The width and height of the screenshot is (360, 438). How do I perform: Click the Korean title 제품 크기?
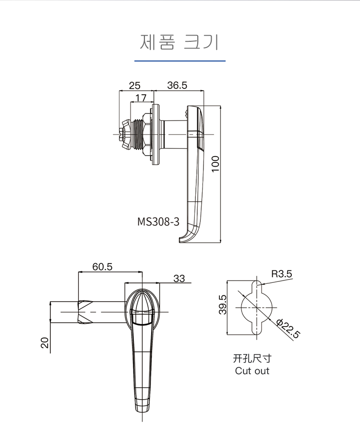[179, 42]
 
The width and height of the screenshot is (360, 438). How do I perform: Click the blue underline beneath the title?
[180, 61]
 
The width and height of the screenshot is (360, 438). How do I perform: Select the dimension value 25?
[134, 85]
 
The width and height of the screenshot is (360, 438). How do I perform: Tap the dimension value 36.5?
[177, 85]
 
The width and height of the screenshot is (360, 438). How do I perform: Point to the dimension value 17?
[141, 98]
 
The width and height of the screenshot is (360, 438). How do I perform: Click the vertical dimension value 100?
[216, 164]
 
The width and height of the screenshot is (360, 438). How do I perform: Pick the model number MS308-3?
[158, 222]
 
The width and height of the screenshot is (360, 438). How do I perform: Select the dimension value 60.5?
[102, 267]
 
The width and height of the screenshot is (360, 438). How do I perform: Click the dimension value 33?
[179, 279]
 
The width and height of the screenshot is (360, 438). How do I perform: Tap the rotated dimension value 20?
[45, 343]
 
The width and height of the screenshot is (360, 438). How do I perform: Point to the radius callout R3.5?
[282, 274]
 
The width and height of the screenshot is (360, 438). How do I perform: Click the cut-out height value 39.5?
[223, 304]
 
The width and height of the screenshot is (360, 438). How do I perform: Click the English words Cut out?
[252, 371]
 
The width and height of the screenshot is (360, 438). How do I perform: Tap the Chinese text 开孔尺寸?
[252, 358]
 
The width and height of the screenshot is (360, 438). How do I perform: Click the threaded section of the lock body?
[137, 135]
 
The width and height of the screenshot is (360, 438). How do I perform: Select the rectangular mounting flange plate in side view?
[156, 134]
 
